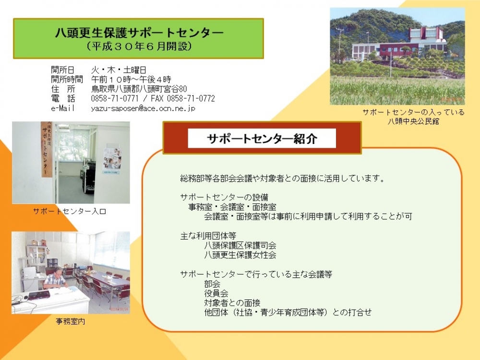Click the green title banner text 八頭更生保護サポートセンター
coord(139,33)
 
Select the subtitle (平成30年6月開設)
coord(139,46)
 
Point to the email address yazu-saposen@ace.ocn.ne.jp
coord(143,108)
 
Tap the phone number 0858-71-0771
coord(115,98)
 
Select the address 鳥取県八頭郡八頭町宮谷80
coord(139,89)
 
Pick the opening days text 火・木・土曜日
coord(119,70)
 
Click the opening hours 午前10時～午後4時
coord(131,80)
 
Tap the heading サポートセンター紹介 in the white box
coord(262,139)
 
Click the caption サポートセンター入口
coord(70,211)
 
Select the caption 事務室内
coord(71,322)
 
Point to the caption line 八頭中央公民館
coord(413,121)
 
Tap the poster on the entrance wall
coord(112,160)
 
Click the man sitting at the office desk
coord(55,278)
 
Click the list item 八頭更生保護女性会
coord(240,255)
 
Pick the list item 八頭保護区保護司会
coord(240,245)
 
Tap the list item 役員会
coord(216,293)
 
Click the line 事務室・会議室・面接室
coord(232,207)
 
